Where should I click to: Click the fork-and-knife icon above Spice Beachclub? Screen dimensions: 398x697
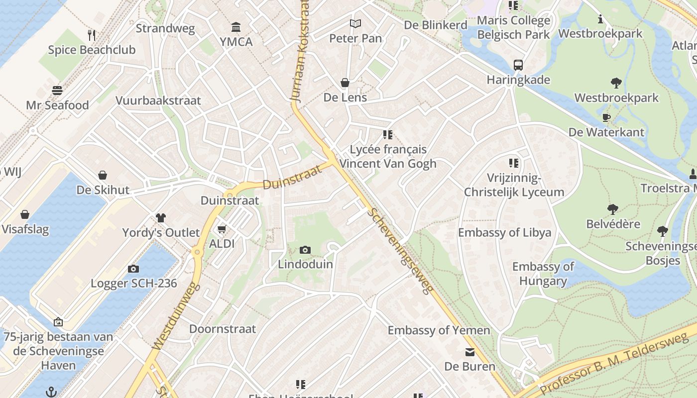point(92,35)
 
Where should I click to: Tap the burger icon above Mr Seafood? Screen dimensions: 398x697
point(57,91)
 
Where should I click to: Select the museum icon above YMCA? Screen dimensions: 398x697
point(236,27)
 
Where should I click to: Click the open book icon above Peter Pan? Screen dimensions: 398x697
point(355,23)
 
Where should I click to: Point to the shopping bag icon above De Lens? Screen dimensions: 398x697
point(345,83)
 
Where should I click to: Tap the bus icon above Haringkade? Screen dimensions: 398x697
point(518,65)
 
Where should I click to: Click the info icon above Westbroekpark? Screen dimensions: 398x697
point(600,19)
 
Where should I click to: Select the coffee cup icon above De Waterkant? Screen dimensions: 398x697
point(606,117)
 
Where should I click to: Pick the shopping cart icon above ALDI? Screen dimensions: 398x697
point(222,229)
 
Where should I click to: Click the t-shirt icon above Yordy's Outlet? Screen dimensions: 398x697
point(161,218)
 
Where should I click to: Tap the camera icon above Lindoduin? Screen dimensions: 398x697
point(305,250)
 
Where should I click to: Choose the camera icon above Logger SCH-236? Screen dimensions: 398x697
point(133,269)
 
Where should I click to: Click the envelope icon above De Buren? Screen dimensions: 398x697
point(469,352)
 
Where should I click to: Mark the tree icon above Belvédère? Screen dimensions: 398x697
point(612,209)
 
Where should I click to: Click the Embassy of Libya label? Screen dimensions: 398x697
point(504,232)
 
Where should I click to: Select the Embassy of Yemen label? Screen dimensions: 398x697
point(439,330)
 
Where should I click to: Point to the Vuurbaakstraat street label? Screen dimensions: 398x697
point(158,100)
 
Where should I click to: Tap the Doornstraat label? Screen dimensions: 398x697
point(222,329)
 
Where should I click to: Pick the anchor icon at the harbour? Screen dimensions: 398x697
point(51,392)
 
